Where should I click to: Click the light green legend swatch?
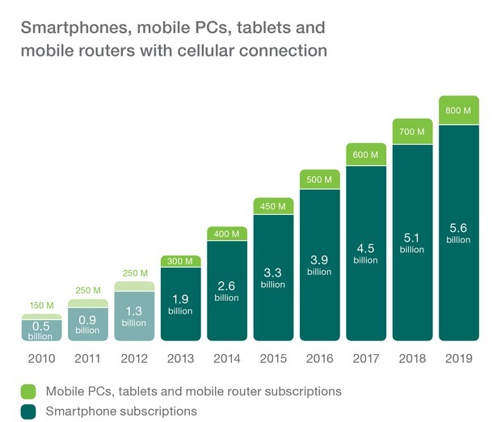coord(27,391)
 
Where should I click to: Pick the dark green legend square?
coord(27,411)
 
